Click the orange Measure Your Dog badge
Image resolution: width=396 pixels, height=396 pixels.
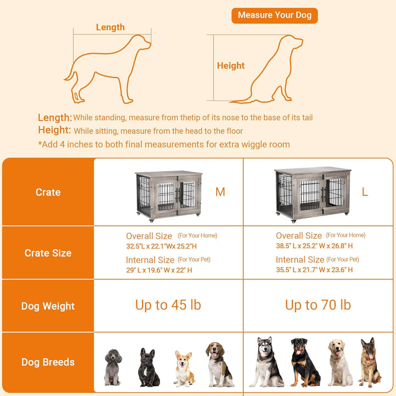274,15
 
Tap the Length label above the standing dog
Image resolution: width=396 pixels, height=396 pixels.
110,27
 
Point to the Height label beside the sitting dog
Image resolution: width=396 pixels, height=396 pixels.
230,65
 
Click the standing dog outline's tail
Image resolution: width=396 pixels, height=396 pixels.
70,74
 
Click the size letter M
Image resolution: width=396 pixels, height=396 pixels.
220,192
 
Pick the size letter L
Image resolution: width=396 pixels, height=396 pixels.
365,192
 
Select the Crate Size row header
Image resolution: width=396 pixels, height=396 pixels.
48,253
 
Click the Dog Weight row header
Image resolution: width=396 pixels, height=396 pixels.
48,306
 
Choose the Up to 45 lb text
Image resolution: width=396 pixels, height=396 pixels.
168,305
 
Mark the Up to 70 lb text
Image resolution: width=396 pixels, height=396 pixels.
318,305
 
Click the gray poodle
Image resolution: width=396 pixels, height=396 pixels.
113,366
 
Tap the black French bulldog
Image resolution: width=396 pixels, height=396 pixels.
148,367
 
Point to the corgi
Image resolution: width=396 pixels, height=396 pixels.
184,369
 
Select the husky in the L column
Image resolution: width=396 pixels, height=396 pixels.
267,362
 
